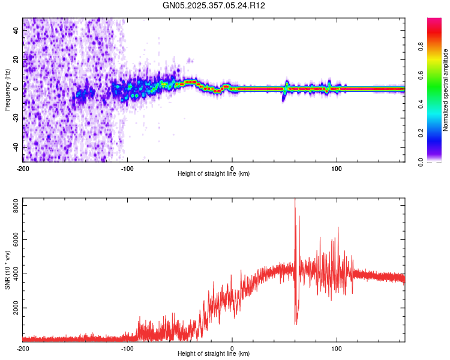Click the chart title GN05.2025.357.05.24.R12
click(x=214, y=5)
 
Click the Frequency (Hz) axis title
click(x=7, y=90)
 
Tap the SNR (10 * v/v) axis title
click(x=7, y=270)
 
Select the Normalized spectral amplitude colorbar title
click(x=446, y=90)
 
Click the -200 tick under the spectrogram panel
click(x=23, y=167)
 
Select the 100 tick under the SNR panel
click(x=337, y=348)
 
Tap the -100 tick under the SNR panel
click(x=127, y=348)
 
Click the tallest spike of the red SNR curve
click(x=295, y=200)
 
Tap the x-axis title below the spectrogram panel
click(x=214, y=174)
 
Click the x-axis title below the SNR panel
click(x=214, y=355)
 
